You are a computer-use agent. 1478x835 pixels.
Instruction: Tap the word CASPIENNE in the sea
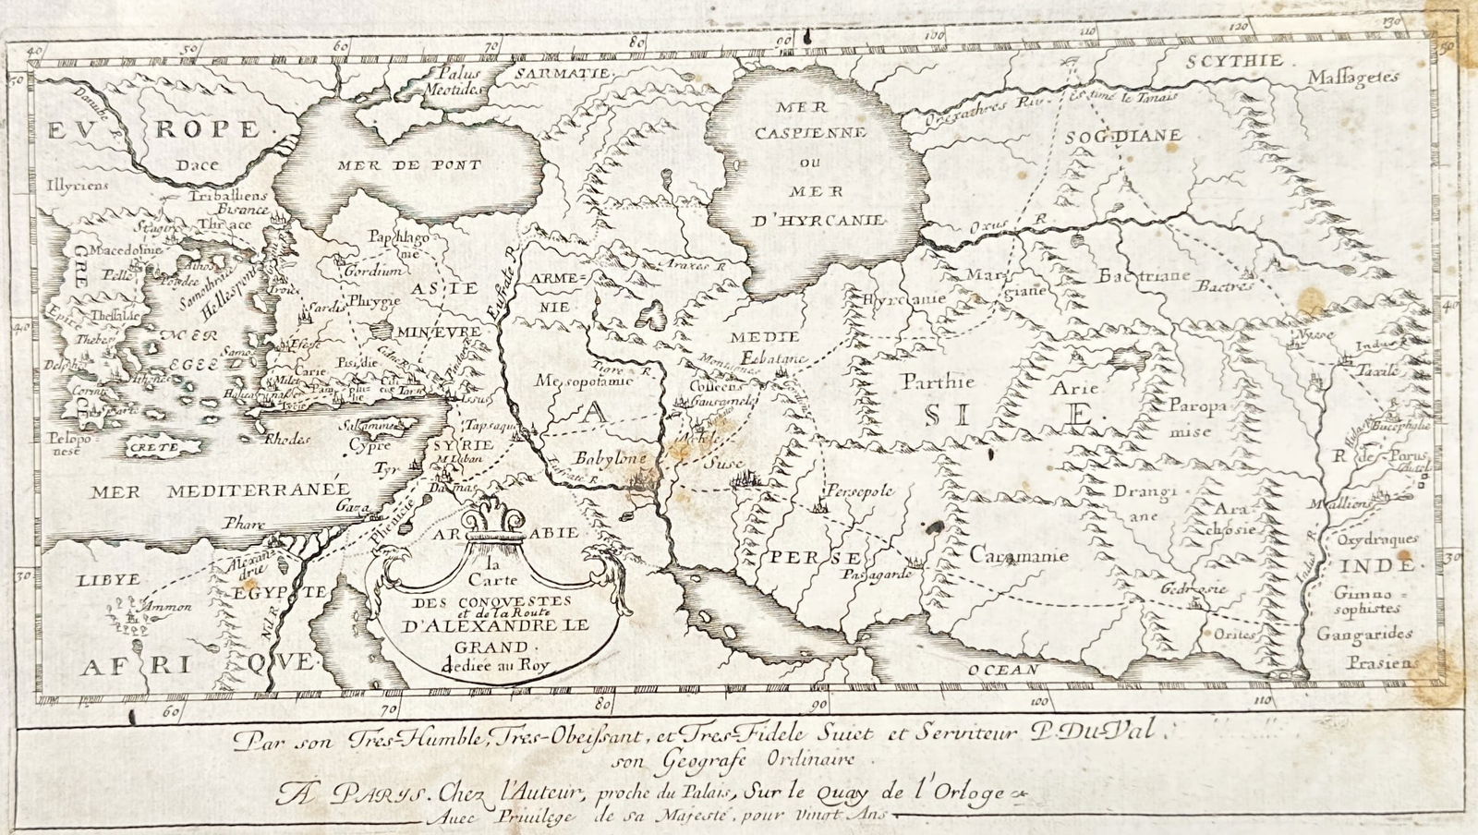[809, 132]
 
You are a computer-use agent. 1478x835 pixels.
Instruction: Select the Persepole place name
[860, 490]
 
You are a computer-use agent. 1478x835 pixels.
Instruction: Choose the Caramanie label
[1019, 555]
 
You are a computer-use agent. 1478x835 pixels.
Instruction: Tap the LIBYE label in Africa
[108, 579]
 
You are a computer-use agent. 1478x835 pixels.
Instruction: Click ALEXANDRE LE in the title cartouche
[495, 625]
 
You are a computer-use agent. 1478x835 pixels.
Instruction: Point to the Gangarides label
[1364, 635]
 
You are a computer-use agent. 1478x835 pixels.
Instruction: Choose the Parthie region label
[926, 381]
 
